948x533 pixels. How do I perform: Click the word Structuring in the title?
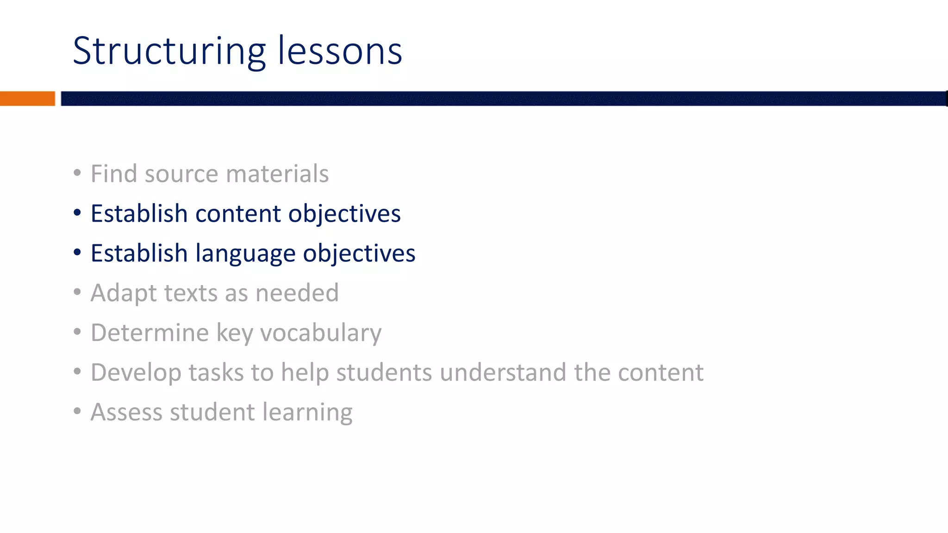[x=169, y=52]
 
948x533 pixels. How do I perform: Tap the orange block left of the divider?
[x=27, y=99]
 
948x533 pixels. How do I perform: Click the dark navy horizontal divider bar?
[x=504, y=99]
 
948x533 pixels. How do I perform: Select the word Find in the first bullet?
[x=114, y=174]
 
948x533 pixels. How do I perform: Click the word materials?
[x=277, y=174]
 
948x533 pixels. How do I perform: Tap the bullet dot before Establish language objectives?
[x=77, y=253]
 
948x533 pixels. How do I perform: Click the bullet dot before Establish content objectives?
[x=77, y=213]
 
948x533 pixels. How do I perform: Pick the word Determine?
[x=150, y=333]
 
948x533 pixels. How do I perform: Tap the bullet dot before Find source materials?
[x=77, y=173]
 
